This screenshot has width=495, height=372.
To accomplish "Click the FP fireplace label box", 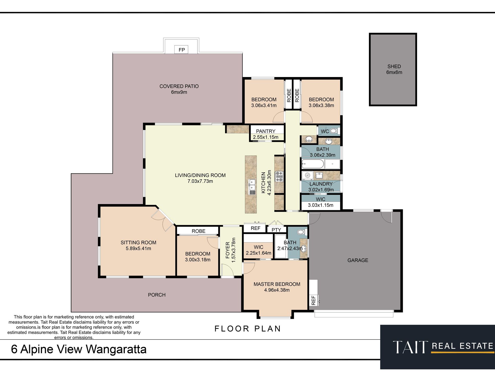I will pos(181,50).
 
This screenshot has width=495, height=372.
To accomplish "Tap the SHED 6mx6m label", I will pos(394,69).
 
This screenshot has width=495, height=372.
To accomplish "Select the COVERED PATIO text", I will pos(179,86).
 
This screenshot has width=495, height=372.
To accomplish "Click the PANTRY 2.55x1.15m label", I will pos(265,134).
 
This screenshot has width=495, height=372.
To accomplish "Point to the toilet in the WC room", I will pos(334,131).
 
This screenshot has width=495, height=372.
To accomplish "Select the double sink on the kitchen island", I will pos(252,185).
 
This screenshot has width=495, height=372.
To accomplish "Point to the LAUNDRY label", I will pos(321,184).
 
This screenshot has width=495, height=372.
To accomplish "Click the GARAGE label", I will pos(358,260).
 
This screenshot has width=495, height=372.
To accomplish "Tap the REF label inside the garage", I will pos(313,300).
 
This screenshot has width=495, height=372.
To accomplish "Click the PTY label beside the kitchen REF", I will pos(276,230).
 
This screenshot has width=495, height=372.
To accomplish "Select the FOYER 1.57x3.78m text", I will pos(230,250).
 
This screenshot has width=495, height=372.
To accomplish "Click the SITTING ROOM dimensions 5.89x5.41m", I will pos(138,249).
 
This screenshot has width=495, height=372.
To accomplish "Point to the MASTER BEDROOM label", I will pos(277,284).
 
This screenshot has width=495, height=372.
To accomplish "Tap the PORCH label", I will pos(157,295).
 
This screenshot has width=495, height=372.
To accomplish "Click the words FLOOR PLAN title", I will pos(247,329).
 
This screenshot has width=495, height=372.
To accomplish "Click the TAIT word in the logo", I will pos(410,347).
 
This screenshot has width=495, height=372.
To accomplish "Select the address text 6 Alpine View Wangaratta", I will pos(79,349).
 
